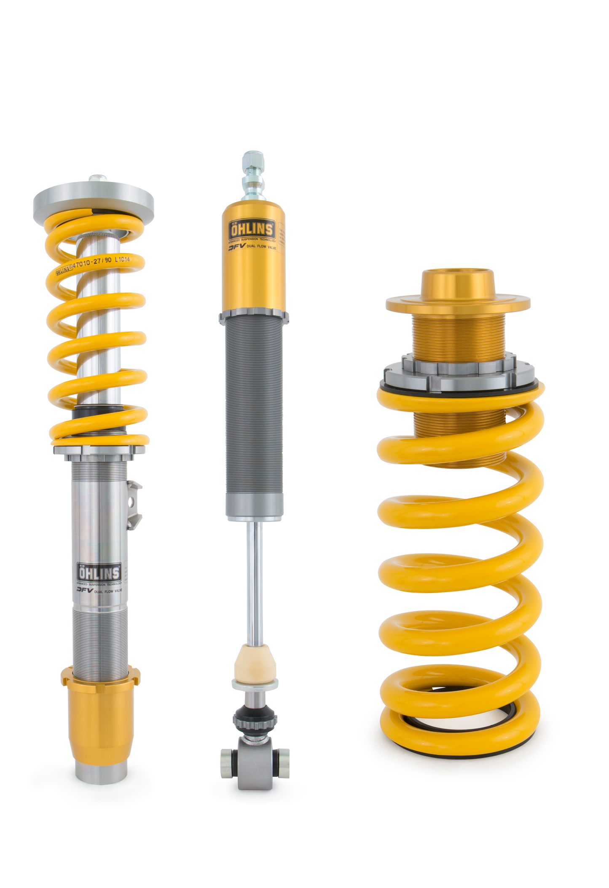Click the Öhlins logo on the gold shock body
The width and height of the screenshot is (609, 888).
click(x=251, y=230)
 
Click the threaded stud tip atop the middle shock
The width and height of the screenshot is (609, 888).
click(x=253, y=159)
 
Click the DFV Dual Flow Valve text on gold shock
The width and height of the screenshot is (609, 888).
click(x=252, y=247)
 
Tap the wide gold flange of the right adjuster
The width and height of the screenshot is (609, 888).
click(x=458, y=304)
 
